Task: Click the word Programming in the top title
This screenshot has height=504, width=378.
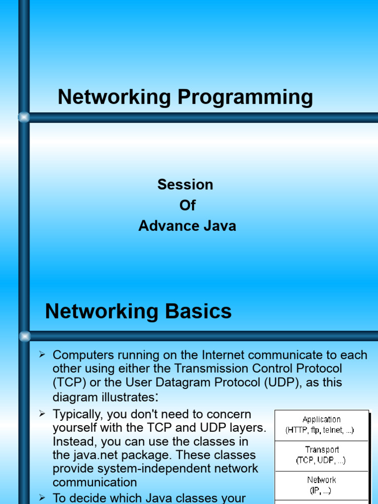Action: tap(245, 97)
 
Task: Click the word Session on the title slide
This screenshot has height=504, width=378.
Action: tap(185, 185)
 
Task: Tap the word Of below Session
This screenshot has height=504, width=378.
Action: tap(188, 205)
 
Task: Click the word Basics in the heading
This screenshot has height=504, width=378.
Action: tap(198, 311)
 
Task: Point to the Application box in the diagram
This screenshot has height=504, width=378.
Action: tap(321, 425)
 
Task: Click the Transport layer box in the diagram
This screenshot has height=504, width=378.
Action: tap(321, 456)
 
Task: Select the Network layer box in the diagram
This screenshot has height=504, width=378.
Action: tap(321, 486)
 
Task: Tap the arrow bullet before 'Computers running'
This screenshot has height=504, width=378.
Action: tap(42, 354)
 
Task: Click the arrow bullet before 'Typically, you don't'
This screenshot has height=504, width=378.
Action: tap(42, 413)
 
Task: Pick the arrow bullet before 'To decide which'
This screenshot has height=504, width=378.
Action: tap(42, 498)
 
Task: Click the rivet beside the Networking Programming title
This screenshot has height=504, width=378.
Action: tap(24, 117)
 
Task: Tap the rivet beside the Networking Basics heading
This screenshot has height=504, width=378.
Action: tap(25, 336)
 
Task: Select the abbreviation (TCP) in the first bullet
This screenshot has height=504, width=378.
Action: tap(69, 382)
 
